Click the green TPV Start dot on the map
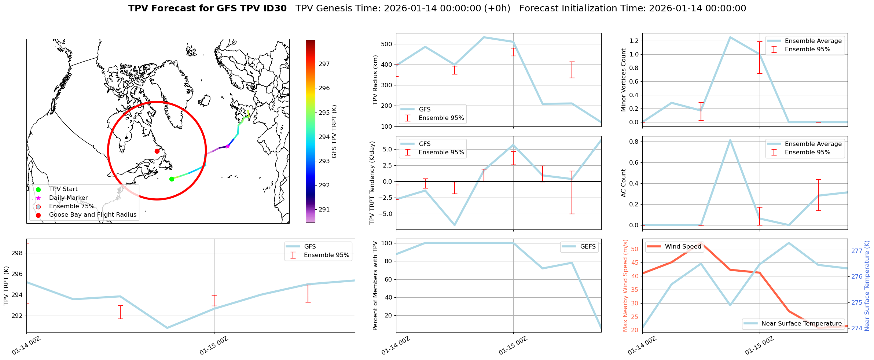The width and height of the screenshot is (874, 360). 172,179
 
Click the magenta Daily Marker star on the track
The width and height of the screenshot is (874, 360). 228,146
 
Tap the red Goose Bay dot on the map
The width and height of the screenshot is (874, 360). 157,151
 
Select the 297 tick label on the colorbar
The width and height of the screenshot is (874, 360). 324,64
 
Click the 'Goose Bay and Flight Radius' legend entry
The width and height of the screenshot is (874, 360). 92,215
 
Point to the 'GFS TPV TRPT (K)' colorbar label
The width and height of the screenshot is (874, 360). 334,132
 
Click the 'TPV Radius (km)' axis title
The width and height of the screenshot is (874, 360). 375,80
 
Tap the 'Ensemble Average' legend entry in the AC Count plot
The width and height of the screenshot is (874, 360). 813,144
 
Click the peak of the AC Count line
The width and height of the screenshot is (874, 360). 730,140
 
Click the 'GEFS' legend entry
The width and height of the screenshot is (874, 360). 588,247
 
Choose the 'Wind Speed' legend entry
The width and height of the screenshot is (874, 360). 683,247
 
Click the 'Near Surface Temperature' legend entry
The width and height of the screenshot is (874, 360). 801,323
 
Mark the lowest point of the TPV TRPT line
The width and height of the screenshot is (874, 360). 167,328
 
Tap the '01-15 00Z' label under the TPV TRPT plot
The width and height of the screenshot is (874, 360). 214,346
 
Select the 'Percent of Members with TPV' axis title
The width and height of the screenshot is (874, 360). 375,286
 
